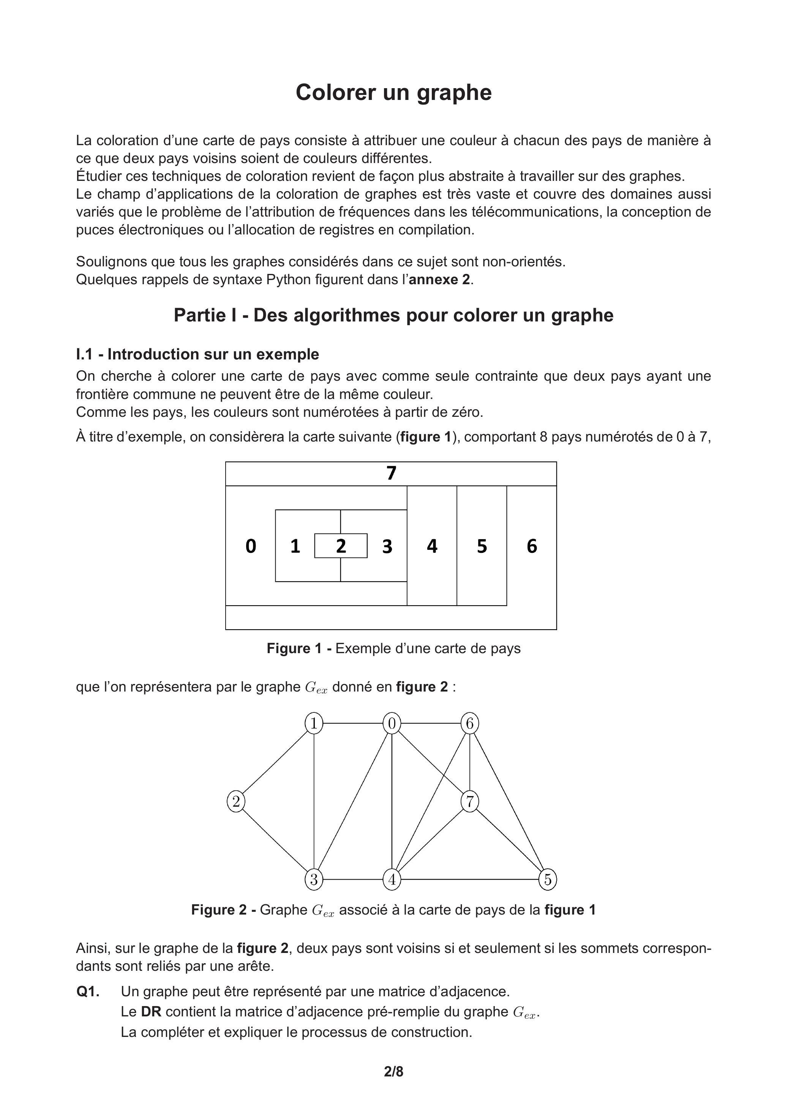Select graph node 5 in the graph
[x=548, y=879]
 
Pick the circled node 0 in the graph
[x=392, y=724]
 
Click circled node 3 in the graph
[x=314, y=879]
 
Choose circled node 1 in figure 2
[x=314, y=724]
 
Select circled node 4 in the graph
[x=392, y=879]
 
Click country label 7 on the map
[x=391, y=473]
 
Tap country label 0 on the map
[x=251, y=546]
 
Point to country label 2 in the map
[x=341, y=546]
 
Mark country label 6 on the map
[x=532, y=546]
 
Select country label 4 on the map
[x=432, y=546]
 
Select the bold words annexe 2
[x=439, y=280]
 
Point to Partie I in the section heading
[x=205, y=315]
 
